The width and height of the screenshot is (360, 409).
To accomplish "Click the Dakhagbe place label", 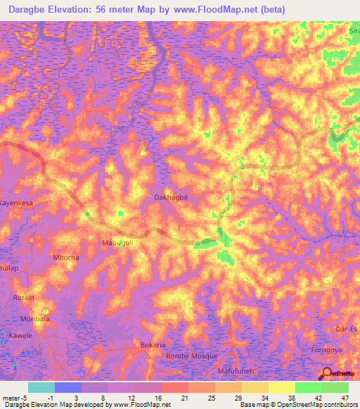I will pos(171,198).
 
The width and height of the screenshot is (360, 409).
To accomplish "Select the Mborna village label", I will pos(67,257).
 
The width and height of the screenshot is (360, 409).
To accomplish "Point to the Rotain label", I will pos(23,297).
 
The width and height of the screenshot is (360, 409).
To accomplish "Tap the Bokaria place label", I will pos(153,345).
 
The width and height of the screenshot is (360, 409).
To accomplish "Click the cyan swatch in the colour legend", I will pos(41,387).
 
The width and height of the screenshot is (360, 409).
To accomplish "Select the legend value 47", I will pos(345,398).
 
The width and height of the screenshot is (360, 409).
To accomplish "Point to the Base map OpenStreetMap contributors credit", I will pos(298,405).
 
